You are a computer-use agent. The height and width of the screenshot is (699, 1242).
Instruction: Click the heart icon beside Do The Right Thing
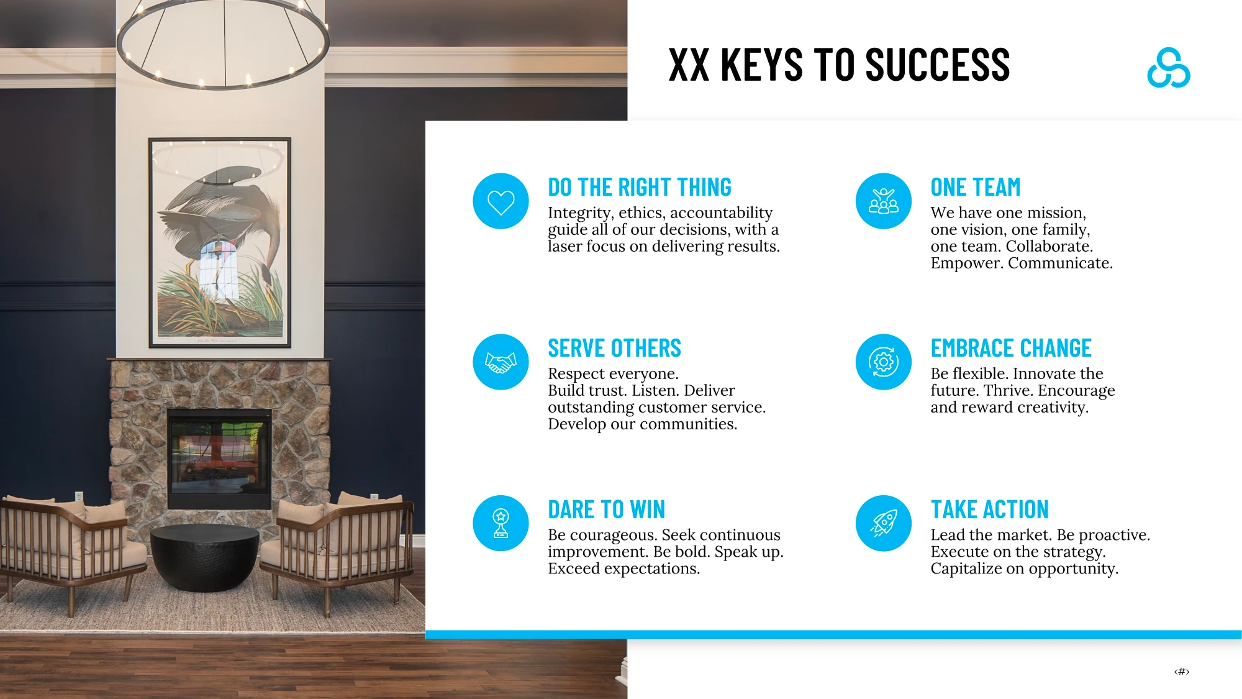[501, 201]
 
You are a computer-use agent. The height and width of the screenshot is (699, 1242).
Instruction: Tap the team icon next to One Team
[883, 201]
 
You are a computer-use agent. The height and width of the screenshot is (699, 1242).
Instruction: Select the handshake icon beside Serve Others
[501, 362]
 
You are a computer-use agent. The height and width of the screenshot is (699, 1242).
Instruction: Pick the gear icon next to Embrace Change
[883, 362]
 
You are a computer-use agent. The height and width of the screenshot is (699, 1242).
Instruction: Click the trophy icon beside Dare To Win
[501, 523]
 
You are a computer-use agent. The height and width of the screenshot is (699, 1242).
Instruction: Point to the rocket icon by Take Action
[883, 523]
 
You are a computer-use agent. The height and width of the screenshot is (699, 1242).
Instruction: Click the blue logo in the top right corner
[1168, 68]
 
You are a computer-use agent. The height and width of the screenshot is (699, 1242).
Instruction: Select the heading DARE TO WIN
[606, 509]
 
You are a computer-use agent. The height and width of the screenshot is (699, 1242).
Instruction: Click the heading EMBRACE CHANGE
[1011, 348]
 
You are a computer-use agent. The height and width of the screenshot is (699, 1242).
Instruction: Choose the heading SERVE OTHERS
[614, 348]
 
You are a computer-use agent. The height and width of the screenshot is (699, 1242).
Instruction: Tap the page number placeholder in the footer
[1182, 671]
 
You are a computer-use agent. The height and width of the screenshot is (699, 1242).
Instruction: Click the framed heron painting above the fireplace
[220, 242]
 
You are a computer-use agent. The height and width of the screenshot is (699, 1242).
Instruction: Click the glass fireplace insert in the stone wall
[219, 459]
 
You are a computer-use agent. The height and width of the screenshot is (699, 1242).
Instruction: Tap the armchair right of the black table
[338, 547]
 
